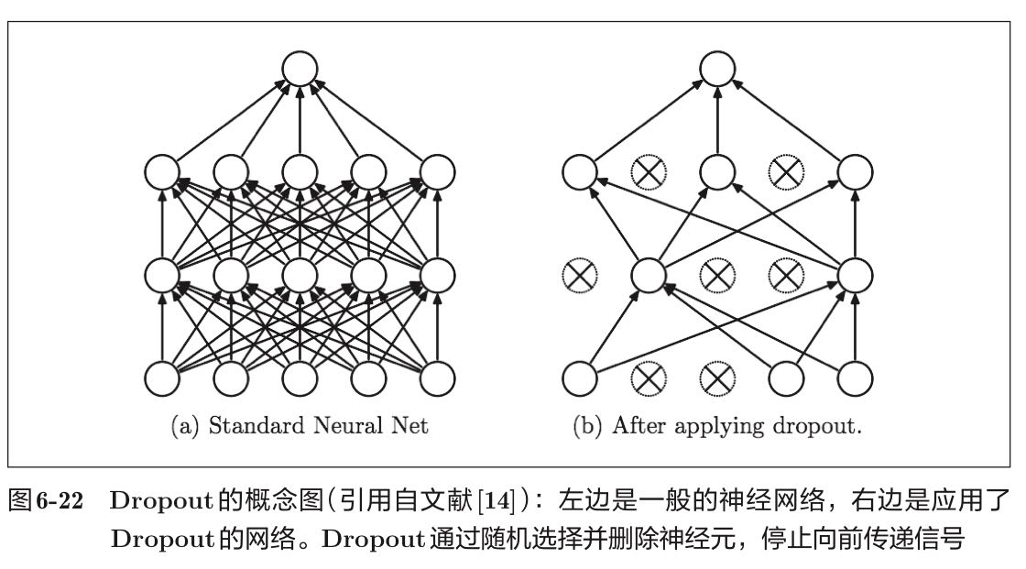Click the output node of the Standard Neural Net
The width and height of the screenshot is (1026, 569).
[x=300, y=69]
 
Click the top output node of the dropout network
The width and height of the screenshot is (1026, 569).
[x=718, y=69]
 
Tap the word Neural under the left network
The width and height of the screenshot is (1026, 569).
[x=338, y=426]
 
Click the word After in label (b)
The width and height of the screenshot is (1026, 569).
[x=636, y=426]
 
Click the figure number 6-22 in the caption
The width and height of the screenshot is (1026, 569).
[x=69, y=501]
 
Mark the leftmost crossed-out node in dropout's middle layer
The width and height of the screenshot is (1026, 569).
[x=579, y=273]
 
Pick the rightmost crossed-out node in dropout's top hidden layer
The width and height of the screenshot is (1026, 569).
[x=786, y=170]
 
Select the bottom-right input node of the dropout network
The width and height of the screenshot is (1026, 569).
[x=855, y=378]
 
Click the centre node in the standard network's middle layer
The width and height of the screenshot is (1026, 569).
[x=300, y=273]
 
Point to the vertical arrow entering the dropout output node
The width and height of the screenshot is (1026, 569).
[x=718, y=119]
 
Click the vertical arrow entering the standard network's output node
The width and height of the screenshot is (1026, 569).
[x=300, y=119]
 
